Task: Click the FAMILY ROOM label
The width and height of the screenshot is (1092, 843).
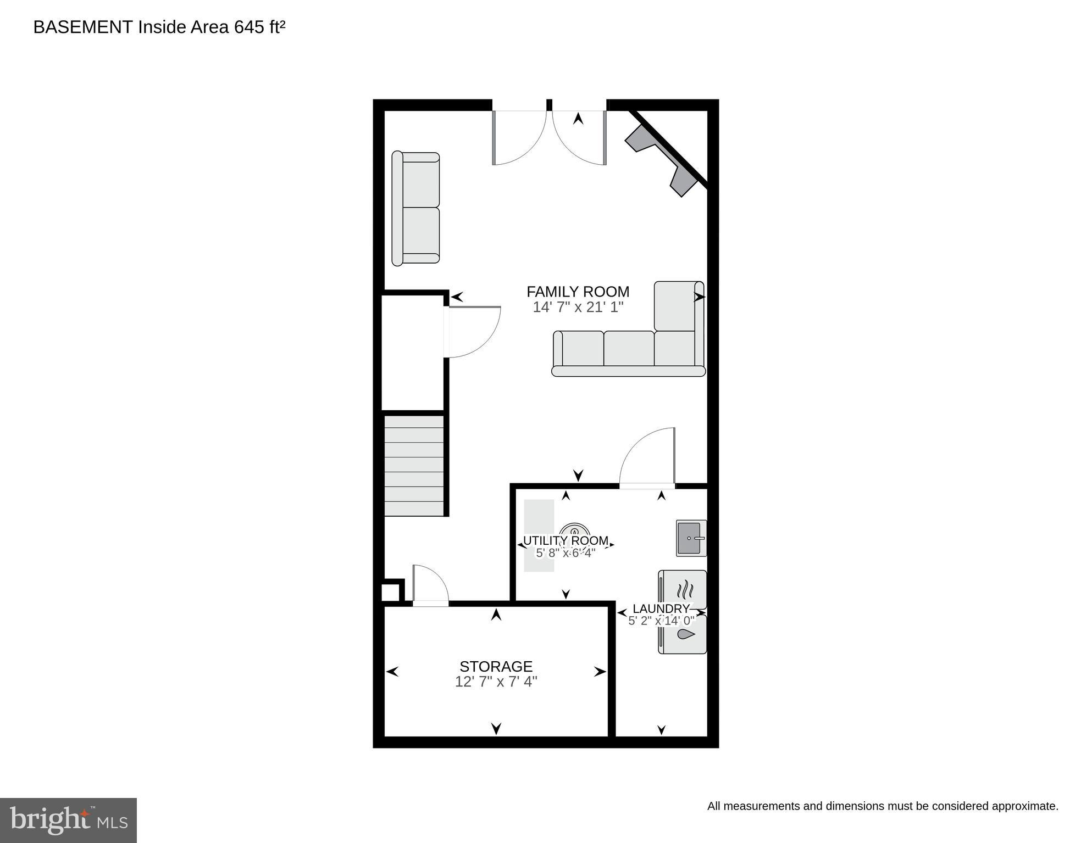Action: tap(578, 292)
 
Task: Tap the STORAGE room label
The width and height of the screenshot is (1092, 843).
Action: tap(496, 666)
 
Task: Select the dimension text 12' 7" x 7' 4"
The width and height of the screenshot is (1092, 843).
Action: tap(496, 682)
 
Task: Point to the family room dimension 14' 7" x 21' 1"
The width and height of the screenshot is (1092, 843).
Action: tap(578, 307)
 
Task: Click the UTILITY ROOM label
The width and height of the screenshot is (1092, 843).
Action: tap(566, 540)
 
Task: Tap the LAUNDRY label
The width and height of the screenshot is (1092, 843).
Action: tap(661, 608)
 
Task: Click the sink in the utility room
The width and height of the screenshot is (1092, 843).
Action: tap(691, 538)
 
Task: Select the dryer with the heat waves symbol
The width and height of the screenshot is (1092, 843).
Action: tap(683, 590)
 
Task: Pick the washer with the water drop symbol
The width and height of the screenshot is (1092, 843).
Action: tap(683, 635)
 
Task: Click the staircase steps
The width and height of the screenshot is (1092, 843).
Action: tap(414, 466)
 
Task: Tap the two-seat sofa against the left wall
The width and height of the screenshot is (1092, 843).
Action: tap(415, 208)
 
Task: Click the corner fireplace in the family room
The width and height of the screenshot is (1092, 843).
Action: tap(662, 159)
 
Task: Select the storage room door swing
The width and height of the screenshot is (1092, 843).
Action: tap(430, 585)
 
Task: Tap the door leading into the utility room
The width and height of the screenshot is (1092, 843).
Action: tap(647, 457)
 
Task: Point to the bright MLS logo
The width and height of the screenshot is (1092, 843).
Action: tap(68, 820)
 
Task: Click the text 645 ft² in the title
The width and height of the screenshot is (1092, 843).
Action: tap(259, 27)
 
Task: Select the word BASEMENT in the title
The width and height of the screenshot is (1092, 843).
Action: tap(83, 27)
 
